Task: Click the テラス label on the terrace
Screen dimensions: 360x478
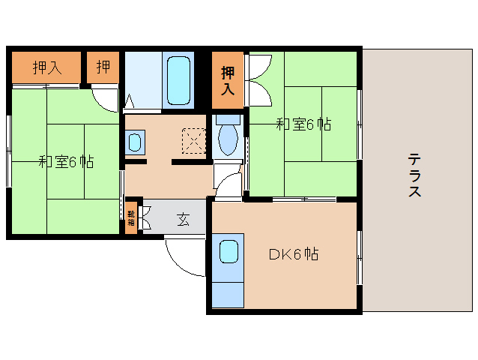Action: coord(414,175)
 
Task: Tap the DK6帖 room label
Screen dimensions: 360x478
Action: coord(294,254)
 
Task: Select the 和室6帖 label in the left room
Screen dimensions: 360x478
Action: coord(66,160)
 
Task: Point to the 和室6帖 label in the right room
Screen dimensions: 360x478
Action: coord(303,124)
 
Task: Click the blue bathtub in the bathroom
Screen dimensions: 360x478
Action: coord(178,79)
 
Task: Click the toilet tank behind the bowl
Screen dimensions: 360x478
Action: coord(227,118)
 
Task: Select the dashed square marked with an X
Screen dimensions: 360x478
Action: coord(193,139)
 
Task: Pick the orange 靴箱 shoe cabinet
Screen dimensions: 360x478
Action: coord(131,218)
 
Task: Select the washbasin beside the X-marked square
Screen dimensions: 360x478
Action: coord(136,141)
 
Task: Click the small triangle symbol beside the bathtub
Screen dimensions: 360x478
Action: coord(129,100)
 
